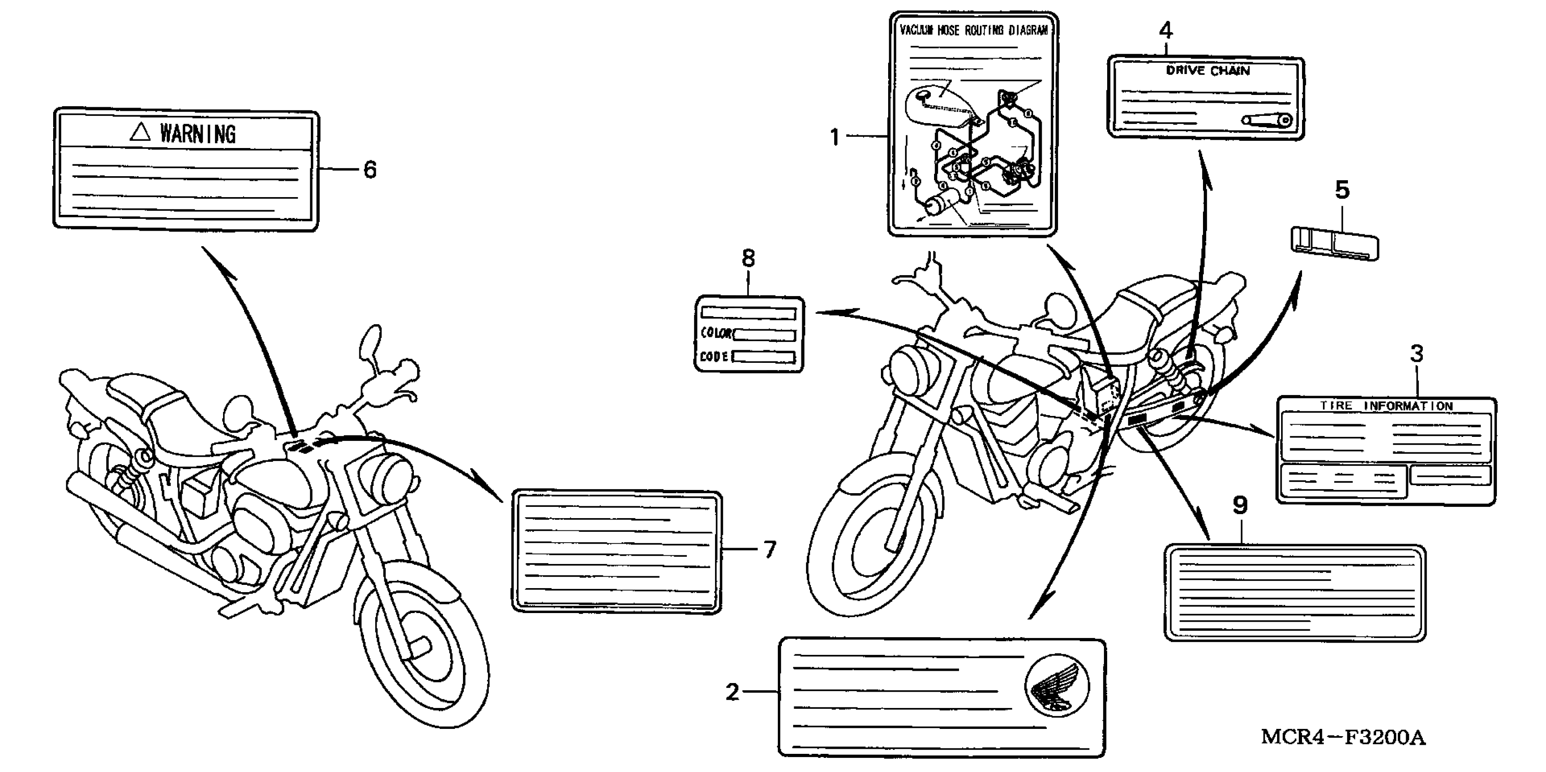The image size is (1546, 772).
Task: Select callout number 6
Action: pos(370,170)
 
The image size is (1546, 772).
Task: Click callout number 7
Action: pos(770,549)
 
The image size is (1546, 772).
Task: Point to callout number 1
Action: pos(834,137)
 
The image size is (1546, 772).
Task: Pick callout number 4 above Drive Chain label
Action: pos(1165,30)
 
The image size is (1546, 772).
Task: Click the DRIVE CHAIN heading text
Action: pos(1208,71)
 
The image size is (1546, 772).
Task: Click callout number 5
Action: pos(1342,190)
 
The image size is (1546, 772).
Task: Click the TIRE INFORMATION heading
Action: pos(1386,406)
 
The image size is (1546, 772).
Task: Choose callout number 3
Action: pos(1417,354)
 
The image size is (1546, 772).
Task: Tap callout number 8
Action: pos(748,258)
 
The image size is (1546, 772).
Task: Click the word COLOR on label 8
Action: pos(716,333)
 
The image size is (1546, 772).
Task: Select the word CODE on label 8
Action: pos(714,357)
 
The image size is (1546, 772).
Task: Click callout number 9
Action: pos(1240,506)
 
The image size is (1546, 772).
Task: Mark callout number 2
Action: pos(732,692)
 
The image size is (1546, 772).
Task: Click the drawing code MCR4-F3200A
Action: pos(1343,737)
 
